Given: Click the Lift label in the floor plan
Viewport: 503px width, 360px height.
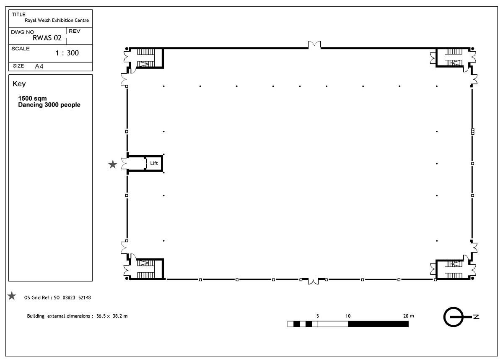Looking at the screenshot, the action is (154, 163).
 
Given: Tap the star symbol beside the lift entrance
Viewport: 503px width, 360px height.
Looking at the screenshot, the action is (113, 164).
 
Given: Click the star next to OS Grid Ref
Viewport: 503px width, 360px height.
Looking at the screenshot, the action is (12, 296).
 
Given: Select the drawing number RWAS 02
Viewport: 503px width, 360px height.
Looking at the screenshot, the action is (47, 38).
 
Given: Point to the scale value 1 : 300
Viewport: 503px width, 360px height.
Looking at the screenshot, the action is (67, 53).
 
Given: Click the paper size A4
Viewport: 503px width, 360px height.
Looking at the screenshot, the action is (39, 66).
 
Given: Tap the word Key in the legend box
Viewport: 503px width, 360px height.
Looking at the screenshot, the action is (19, 84).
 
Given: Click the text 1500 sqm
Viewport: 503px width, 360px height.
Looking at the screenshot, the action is (33, 99).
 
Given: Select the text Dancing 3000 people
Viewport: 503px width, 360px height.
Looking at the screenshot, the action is (49, 105).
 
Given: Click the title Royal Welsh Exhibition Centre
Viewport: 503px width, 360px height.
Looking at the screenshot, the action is (57, 20).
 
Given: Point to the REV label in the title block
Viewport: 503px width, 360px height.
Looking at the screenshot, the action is (74, 31).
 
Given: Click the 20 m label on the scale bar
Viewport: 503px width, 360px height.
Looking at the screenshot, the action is (408, 316).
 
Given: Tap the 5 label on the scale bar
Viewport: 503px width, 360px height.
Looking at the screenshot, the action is (318, 316).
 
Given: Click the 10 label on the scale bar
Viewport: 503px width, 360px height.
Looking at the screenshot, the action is (348, 316).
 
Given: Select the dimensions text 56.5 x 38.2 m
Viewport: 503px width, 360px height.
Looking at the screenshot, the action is (112, 316).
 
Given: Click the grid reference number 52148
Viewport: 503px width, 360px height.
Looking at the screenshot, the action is (84, 297).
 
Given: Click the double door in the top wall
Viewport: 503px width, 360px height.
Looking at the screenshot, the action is (314, 45).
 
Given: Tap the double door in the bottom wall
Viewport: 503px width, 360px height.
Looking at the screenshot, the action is (313, 281).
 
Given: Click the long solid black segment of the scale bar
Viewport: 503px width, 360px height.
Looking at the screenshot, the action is (379, 324).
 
